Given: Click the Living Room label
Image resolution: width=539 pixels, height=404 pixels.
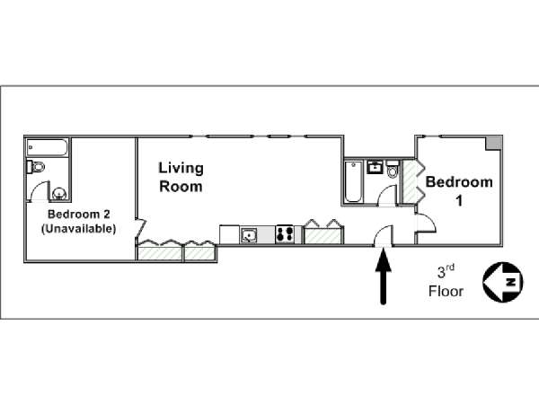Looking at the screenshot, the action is click(x=181, y=177).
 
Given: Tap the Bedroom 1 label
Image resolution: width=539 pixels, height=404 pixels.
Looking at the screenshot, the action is click(x=459, y=191).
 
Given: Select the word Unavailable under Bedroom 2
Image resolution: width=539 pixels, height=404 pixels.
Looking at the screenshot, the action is click(x=79, y=229).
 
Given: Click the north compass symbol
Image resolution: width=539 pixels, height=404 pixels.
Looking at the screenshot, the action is click(x=502, y=283).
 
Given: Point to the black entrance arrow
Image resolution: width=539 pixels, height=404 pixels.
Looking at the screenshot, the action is click(x=383, y=278).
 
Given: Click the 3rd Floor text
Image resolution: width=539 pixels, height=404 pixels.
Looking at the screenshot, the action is click(x=446, y=281).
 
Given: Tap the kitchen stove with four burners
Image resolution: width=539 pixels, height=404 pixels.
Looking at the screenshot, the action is click(x=285, y=234).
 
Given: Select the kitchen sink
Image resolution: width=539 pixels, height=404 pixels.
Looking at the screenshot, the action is click(x=248, y=235).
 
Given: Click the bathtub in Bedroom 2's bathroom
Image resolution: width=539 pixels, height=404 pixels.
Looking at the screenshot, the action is click(x=47, y=148).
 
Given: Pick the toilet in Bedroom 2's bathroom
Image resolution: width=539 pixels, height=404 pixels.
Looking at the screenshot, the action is click(x=36, y=167).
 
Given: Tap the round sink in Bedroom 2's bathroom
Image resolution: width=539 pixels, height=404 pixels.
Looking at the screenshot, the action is click(x=59, y=194).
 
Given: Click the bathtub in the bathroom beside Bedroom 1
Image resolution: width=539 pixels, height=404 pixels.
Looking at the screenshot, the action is click(x=353, y=181).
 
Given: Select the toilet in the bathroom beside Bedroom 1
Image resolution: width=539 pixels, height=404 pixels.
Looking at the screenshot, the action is click(x=393, y=169).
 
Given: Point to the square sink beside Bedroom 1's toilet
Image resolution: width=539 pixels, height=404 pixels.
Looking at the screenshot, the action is click(x=375, y=167).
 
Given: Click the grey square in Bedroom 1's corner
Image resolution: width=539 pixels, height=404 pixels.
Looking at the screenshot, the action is click(x=493, y=143).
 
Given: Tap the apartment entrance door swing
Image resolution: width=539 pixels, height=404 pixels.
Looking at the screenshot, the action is click(x=383, y=235).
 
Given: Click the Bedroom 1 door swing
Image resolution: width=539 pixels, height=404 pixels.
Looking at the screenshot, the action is click(x=426, y=224).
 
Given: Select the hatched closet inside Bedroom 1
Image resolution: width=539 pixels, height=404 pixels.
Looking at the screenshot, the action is click(x=411, y=181).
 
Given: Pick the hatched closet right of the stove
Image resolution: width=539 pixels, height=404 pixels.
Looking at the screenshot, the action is click(x=323, y=233).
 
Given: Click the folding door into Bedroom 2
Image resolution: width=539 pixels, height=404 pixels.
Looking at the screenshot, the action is click(x=141, y=227).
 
